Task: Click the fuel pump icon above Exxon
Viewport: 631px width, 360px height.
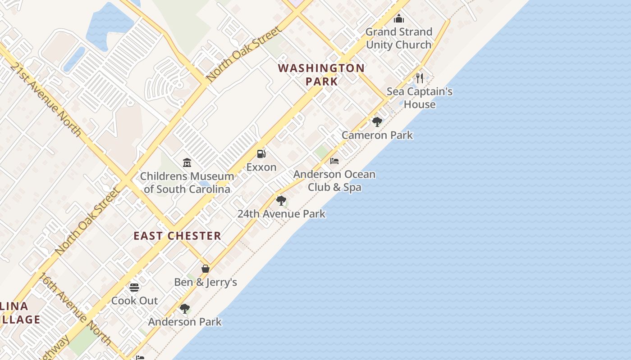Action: click(x=261, y=154)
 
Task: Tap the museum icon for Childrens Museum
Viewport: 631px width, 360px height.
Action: click(x=187, y=162)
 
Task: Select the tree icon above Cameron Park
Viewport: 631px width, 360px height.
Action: click(x=377, y=121)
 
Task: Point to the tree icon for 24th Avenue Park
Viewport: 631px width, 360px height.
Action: click(x=281, y=200)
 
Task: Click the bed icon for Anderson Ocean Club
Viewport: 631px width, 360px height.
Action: click(x=334, y=161)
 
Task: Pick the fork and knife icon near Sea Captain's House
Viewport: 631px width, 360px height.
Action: click(x=420, y=78)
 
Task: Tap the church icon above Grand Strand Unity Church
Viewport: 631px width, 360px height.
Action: click(x=399, y=18)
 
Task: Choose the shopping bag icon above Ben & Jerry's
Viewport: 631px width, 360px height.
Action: click(x=206, y=269)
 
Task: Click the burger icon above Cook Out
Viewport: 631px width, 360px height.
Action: click(x=134, y=287)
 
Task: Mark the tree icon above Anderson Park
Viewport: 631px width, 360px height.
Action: click(x=185, y=308)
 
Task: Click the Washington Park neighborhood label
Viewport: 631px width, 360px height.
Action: click(x=321, y=75)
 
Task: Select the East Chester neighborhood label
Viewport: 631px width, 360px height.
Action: click(x=177, y=236)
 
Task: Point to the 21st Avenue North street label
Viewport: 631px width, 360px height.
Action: click(x=46, y=99)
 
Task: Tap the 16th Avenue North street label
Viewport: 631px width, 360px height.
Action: click(x=75, y=309)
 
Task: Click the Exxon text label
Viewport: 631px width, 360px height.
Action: click(x=261, y=167)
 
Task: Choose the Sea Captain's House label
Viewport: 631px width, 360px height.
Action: click(x=420, y=98)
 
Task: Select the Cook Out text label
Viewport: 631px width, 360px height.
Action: click(x=135, y=301)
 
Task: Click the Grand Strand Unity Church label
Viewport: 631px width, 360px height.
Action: click(x=399, y=38)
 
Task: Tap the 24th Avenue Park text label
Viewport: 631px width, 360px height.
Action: click(x=281, y=214)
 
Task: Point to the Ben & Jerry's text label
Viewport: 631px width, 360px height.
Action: click(x=206, y=282)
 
